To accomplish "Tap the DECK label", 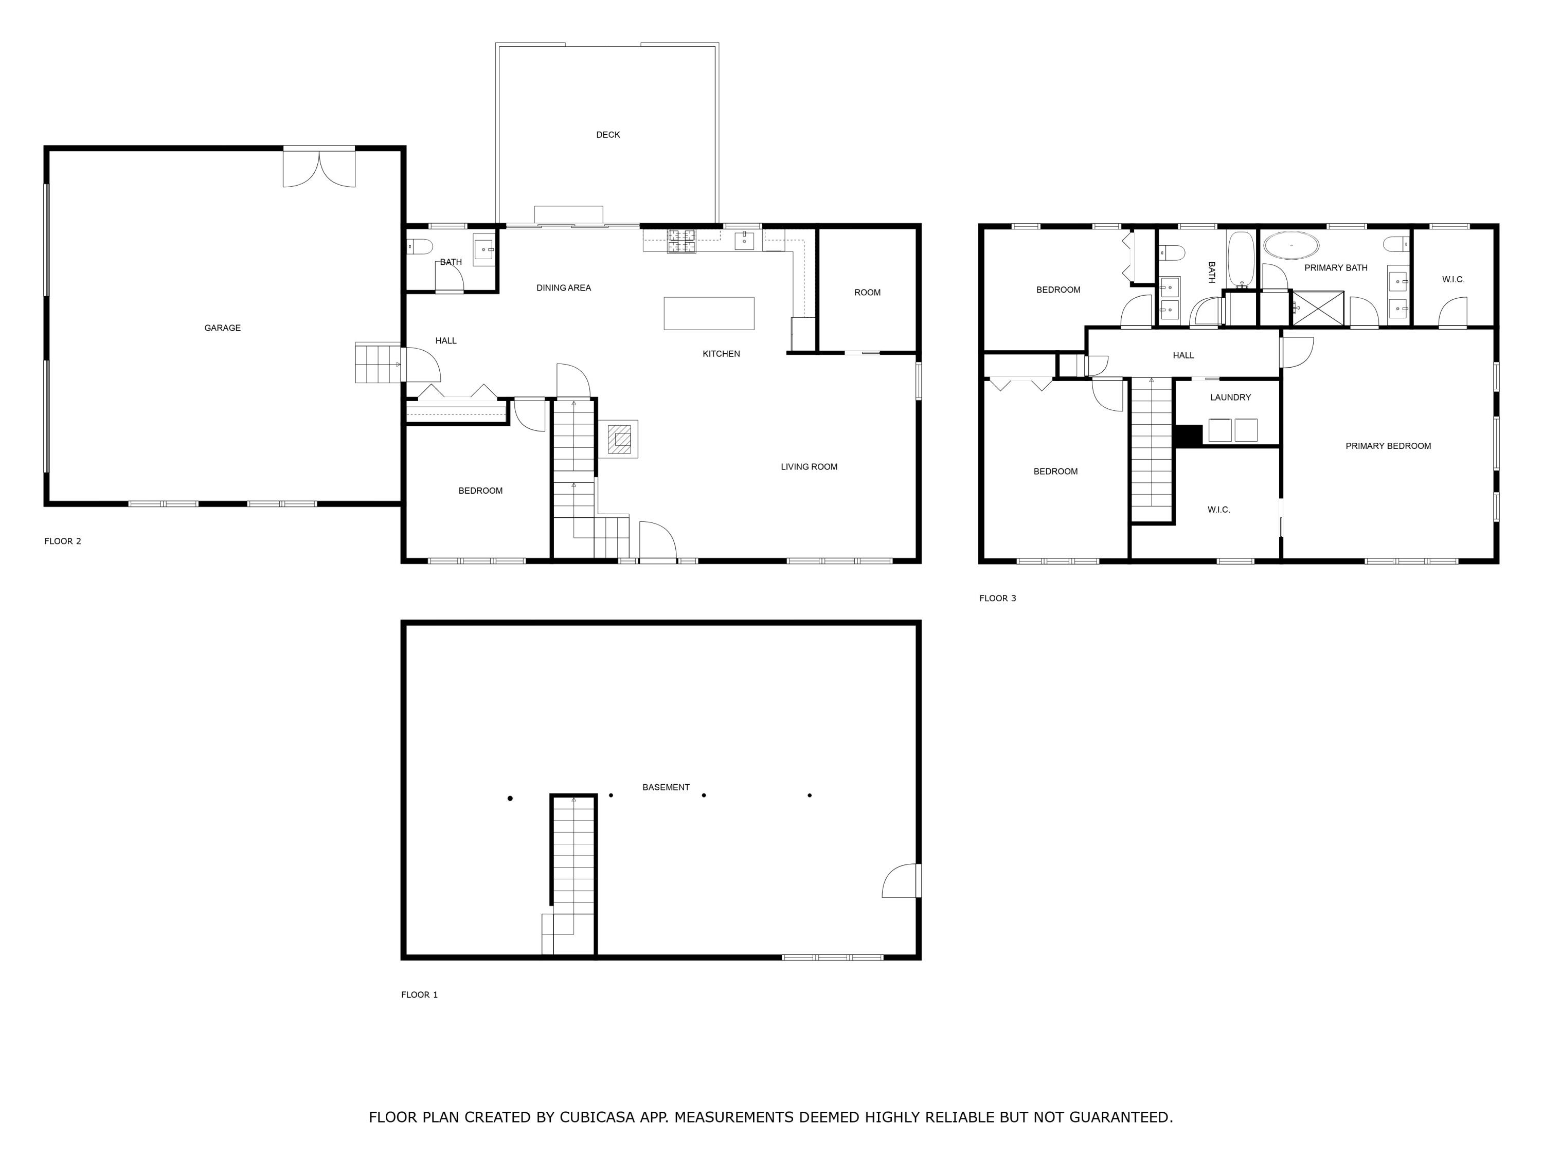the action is [607, 135].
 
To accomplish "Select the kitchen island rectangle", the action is [709, 313].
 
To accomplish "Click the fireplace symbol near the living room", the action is [619, 439].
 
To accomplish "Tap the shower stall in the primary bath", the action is [1318, 308].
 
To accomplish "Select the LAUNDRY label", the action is [1230, 397].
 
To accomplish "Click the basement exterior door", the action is [900, 881].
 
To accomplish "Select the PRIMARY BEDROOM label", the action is [1388, 446].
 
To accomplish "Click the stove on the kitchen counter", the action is [681, 241].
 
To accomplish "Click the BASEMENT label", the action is [666, 787].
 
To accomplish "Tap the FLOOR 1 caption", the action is [419, 995].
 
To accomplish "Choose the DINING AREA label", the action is [564, 288].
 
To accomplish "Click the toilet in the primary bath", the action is [1396, 244].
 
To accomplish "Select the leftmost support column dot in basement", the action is [510, 799].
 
